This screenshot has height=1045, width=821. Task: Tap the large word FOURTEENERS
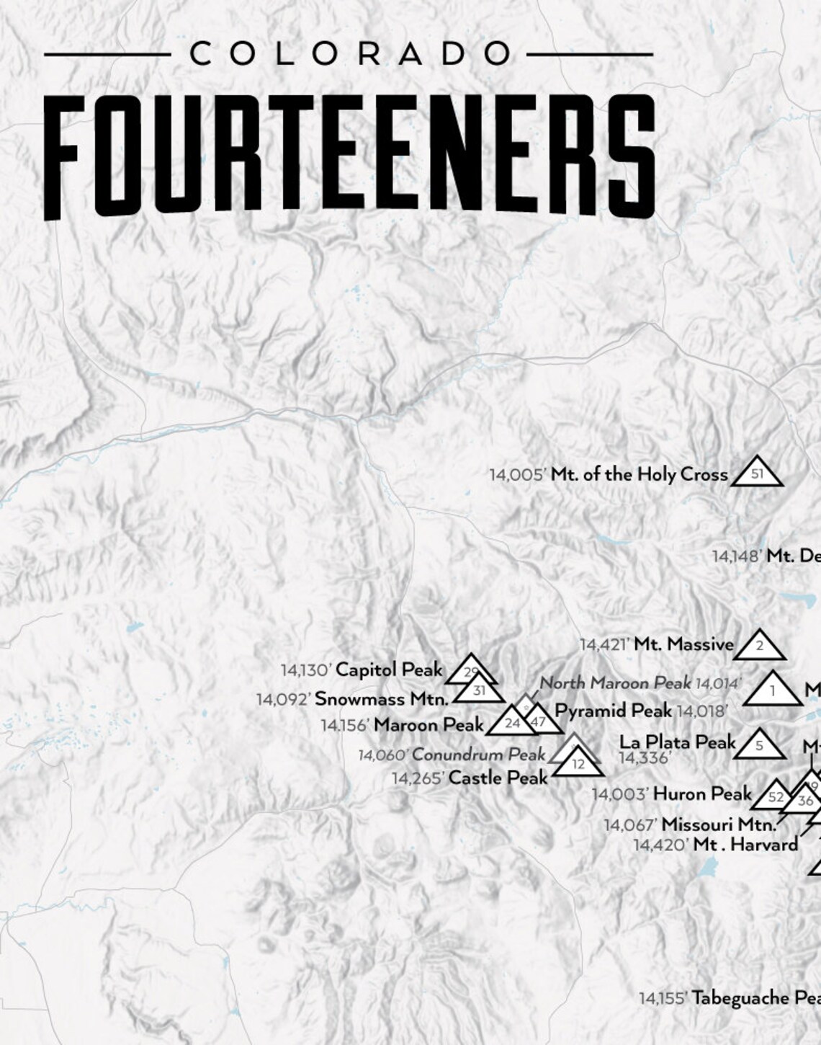tap(350, 156)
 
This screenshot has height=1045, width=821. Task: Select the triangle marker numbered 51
tap(757, 473)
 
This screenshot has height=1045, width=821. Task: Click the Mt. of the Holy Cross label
tap(640, 475)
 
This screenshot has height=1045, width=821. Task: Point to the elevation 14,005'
tap(519, 475)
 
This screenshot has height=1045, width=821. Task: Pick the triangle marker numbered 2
tap(760, 646)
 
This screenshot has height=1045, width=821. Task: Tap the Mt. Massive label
tap(683, 644)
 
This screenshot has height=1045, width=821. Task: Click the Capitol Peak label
tap(389, 670)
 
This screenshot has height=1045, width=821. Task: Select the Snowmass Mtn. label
tap(382, 698)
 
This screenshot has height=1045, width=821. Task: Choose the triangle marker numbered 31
tap(480, 691)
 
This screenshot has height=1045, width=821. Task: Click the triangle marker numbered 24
tap(512, 723)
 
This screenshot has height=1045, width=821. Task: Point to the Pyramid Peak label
tap(613, 711)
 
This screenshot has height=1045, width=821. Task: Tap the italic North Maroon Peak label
tap(616, 682)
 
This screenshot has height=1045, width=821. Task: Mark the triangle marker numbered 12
tap(578, 764)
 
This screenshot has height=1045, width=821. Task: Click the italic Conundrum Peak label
tap(478, 755)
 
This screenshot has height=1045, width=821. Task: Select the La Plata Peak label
tap(678, 742)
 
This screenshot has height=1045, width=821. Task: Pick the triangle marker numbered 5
tap(760, 746)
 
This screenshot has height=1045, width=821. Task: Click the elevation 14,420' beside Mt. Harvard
tap(661, 845)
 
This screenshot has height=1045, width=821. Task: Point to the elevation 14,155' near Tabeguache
tap(663, 998)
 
